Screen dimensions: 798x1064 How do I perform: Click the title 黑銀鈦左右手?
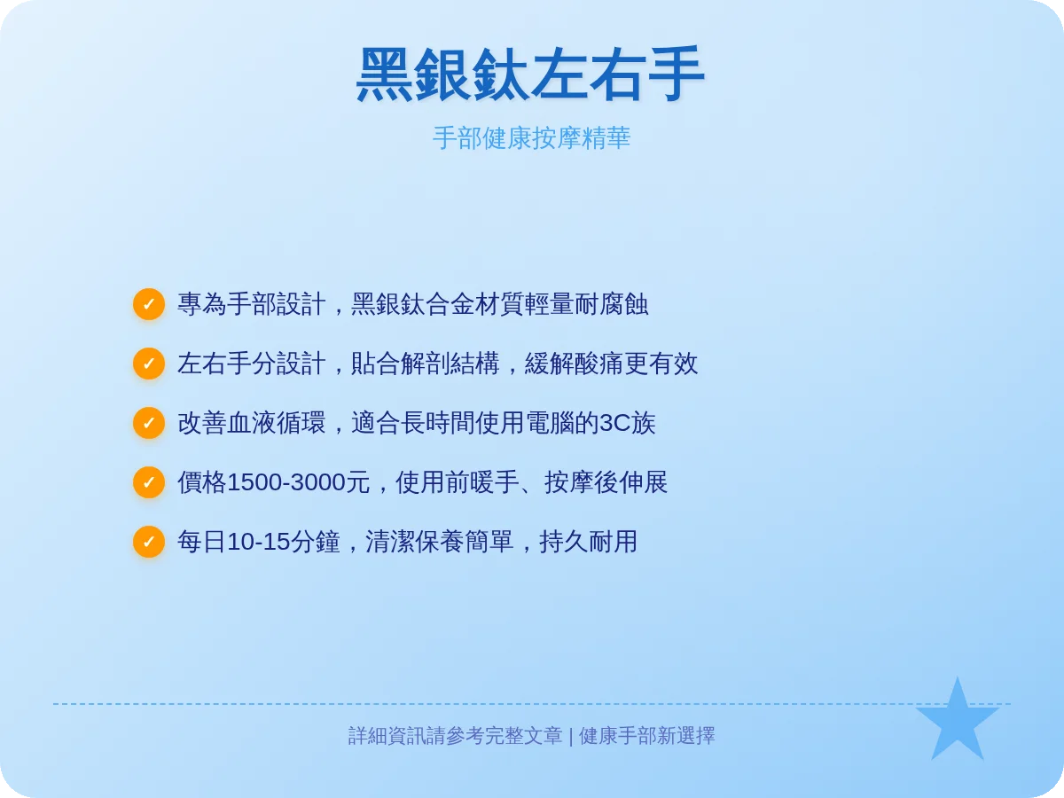tap(530, 74)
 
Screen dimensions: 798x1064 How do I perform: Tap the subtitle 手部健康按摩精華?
tap(531, 138)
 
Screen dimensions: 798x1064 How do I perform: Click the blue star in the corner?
tap(957, 723)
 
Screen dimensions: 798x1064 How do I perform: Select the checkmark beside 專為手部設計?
tap(149, 304)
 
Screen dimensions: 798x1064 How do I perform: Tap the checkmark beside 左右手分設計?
tap(149, 364)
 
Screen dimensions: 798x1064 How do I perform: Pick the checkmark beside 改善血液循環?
tap(149, 423)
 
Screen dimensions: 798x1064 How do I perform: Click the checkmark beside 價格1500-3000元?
tap(149, 482)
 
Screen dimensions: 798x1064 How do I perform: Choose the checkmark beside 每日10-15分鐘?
tap(149, 542)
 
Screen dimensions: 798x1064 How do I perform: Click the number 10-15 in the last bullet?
tap(259, 542)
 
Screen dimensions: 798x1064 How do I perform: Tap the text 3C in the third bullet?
tap(615, 423)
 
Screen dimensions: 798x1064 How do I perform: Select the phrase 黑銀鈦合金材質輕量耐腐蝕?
tap(500, 304)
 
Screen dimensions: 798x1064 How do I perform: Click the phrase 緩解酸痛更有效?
tap(612, 364)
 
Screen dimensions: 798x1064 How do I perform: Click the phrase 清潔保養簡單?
tap(440, 542)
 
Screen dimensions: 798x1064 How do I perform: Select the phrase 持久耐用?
tap(589, 542)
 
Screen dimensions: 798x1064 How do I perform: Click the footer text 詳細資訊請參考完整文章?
tap(455, 736)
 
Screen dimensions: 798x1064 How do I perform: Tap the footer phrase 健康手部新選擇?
tap(647, 736)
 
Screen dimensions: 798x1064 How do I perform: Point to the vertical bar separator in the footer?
tap(571, 736)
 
